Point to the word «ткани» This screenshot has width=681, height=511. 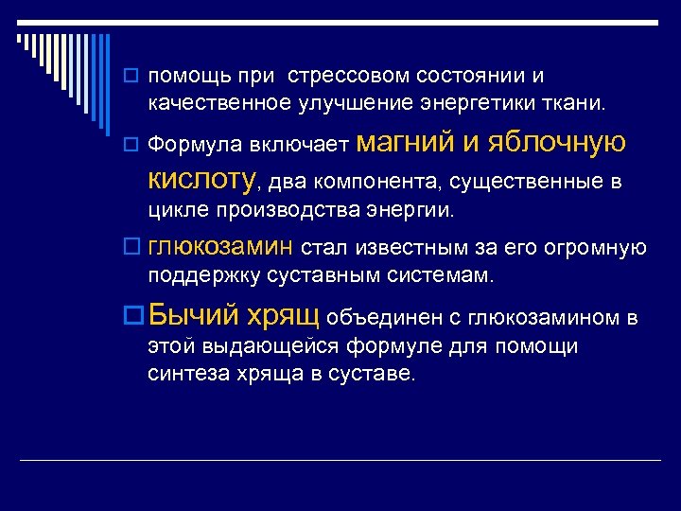point(584,101)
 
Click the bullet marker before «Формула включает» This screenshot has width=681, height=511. point(135,146)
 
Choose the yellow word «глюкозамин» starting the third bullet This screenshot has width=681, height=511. point(222,247)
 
